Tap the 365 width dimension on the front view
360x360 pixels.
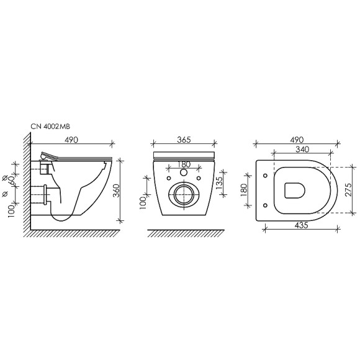tap(182, 140)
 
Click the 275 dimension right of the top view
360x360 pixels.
tap(349, 189)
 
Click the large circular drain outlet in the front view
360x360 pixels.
tap(184, 194)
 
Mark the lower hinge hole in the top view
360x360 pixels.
tap(265, 204)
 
